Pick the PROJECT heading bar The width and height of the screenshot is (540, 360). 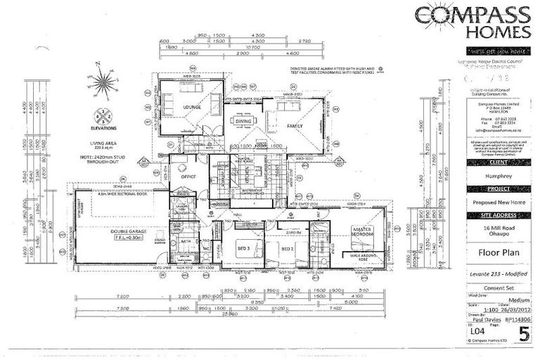coord(487,189)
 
